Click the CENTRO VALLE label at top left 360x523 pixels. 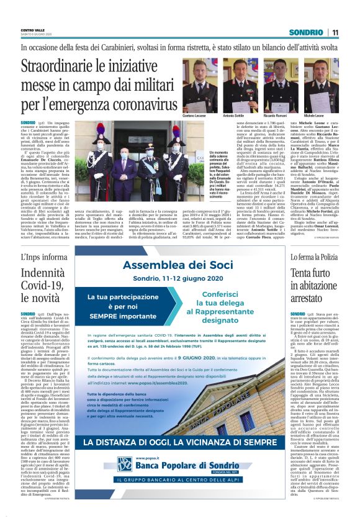[33, 30]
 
